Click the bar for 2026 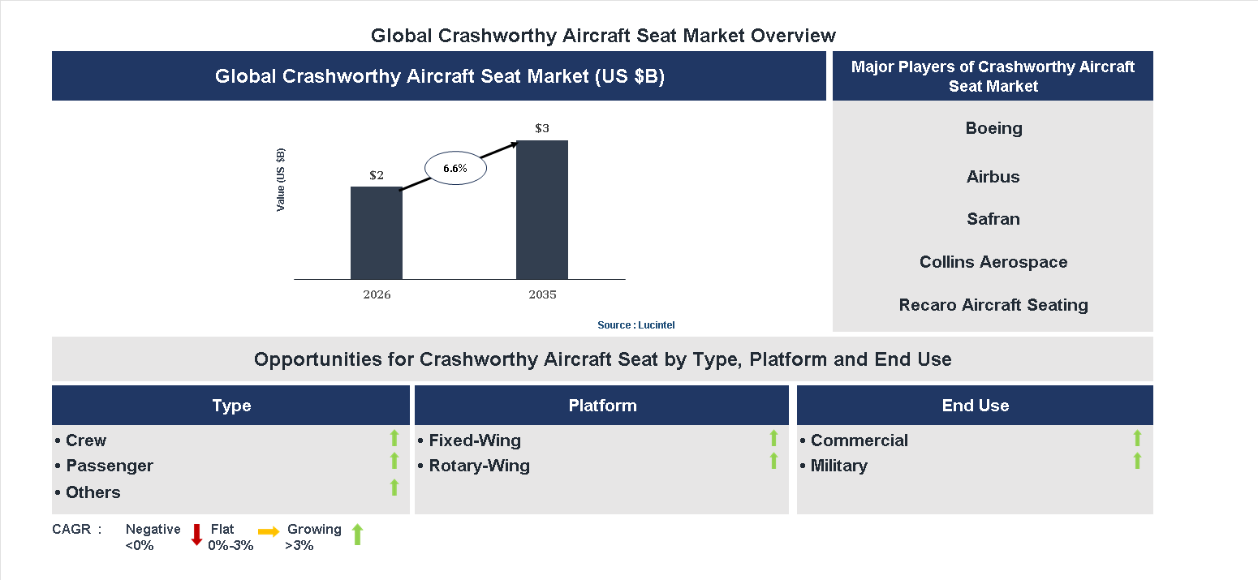[x=376, y=233]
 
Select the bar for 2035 [x=541, y=209]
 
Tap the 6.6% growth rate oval [x=455, y=169]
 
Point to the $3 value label [x=541, y=128]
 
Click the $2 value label [x=377, y=175]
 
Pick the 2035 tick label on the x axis [x=542, y=294]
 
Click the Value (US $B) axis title [x=281, y=179]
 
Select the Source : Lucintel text [x=635, y=324]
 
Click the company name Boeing [x=993, y=128]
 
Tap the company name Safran [x=993, y=219]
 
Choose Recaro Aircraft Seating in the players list [x=993, y=305]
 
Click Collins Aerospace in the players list [x=993, y=262]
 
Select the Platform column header [x=602, y=406]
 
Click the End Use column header [x=975, y=406]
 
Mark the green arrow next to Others [x=394, y=488]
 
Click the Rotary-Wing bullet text [x=479, y=466]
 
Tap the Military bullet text [x=838, y=466]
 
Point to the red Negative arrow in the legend [x=196, y=535]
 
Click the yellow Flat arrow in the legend [x=269, y=532]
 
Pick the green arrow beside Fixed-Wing [x=773, y=438]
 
